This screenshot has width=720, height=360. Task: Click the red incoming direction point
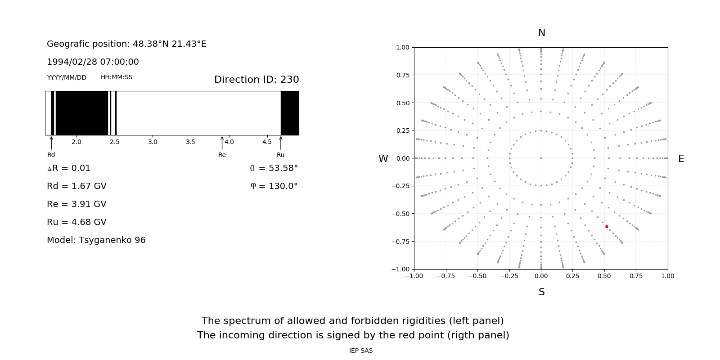coord(607,227)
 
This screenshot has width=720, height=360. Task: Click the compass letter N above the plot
coord(542,33)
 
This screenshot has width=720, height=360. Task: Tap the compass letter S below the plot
coord(542,292)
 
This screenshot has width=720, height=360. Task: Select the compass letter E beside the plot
coord(681,159)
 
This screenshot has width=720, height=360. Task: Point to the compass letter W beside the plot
coord(383,159)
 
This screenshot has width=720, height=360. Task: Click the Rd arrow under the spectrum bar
coord(51,143)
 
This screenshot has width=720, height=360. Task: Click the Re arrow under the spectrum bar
coord(222,143)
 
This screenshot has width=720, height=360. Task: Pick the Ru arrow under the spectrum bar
coord(281,143)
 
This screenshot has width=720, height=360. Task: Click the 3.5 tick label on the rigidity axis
coord(191,142)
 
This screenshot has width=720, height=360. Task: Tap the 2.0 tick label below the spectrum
coord(76,142)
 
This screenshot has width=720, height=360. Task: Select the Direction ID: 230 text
coord(256,80)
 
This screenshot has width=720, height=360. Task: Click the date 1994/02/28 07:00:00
coord(93,62)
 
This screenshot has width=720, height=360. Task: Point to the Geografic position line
coord(126,44)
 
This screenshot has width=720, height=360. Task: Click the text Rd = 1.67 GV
coord(76,186)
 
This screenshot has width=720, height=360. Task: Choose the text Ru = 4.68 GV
coord(76,222)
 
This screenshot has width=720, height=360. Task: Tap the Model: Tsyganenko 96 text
coord(96,240)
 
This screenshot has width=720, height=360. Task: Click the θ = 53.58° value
coord(274,168)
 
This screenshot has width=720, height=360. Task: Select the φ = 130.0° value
coord(274,186)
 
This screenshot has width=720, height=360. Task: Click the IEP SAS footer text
coord(361,351)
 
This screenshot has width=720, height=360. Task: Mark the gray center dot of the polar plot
coord(541,158)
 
